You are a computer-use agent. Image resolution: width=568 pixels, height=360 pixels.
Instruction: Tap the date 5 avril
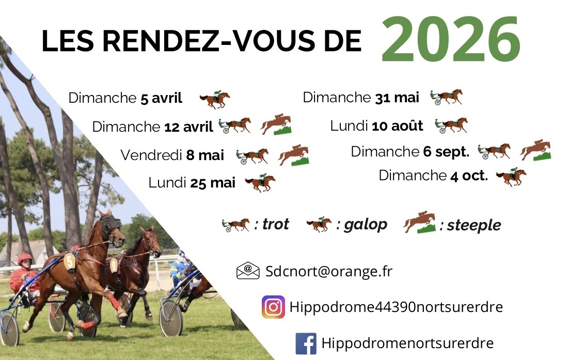click(161, 98)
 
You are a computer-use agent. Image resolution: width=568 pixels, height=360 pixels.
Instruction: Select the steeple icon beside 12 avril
click(276, 125)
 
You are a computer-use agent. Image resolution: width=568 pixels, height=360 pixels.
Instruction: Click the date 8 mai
click(205, 155)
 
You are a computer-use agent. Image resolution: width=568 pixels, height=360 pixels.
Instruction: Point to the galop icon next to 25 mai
click(260, 182)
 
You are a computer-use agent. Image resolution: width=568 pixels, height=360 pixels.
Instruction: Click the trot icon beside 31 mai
click(446, 97)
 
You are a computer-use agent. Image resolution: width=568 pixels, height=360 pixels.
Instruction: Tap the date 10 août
click(398, 126)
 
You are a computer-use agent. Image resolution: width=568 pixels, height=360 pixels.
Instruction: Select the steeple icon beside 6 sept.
click(535, 150)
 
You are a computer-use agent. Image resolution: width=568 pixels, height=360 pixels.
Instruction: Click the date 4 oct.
click(469, 176)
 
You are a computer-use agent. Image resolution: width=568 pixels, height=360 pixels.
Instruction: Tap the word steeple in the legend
click(474, 226)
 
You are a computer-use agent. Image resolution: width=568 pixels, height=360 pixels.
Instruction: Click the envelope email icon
click(248, 271)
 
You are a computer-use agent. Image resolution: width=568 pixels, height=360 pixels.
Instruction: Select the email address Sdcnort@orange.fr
click(329, 272)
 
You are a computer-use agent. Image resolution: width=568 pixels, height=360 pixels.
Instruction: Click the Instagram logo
click(273, 307)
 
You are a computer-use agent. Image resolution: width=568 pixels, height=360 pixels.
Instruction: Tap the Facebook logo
click(306, 343)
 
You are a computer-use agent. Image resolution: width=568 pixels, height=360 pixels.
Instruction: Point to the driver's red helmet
click(24, 258)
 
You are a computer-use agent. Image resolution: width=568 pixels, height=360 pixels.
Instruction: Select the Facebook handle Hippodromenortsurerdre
click(407, 343)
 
